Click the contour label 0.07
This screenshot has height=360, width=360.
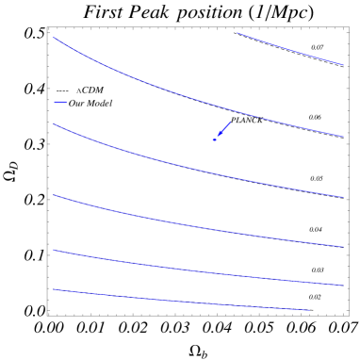click(318, 47)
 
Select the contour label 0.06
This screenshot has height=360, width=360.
click(315, 118)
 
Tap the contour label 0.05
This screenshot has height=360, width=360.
click(317, 178)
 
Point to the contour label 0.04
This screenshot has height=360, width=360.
click(316, 229)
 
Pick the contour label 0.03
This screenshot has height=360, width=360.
click(318, 270)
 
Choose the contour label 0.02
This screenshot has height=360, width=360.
click(315, 297)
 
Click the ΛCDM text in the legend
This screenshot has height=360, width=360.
click(90, 90)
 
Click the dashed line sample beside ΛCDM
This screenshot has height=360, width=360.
click(61, 90)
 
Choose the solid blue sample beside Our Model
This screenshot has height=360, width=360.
click(61, 103)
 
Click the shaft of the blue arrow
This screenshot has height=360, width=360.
click(224, 128)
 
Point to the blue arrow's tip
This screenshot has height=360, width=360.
click(215, 139)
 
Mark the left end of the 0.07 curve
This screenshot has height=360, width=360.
click(237, 33)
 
